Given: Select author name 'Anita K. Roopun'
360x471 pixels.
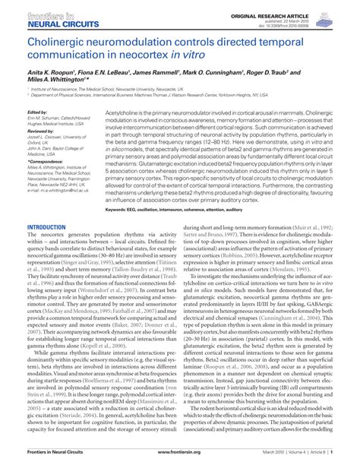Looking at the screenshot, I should [50, 70].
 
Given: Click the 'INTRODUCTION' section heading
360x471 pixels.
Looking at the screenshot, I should [46, 227].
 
